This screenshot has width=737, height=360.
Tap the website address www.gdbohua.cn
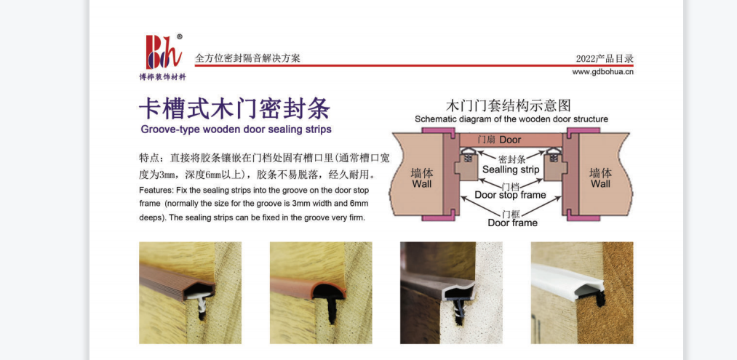pyautogui.click(x=602, y=73)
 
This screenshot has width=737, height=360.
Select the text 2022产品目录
pyautogui.click(x=605, y=59)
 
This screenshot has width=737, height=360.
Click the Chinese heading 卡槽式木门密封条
pyautogui.click(x=234, y=109)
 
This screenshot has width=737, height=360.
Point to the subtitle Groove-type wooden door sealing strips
pyautogui.click(x=236, y=129)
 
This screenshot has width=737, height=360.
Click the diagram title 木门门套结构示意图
pyautogui.click(x=508, y=105)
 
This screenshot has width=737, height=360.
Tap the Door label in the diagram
pyautogui.click(x=510, y=140)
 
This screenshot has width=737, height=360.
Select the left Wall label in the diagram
pyautogui.click(x=422, y=178)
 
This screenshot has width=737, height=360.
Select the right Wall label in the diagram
pyautogui.click(x=601, y=178)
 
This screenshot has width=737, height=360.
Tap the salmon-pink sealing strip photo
pyautogui.click(x=321, y=293)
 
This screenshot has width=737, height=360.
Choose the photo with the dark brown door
pyautogui.click(x=451, y=293)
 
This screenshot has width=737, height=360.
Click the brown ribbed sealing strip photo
pyautogui.click(x=191, y=293)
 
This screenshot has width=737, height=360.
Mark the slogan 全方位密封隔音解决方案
pyautogui.click(x=247, y=58)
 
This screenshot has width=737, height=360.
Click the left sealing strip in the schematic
pyautogui.click(x=467, y=154)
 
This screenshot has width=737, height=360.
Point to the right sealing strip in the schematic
pyautogui.click(x=551, y=154)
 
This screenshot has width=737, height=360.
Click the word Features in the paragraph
pyautogui.click(x=155, y=191)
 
